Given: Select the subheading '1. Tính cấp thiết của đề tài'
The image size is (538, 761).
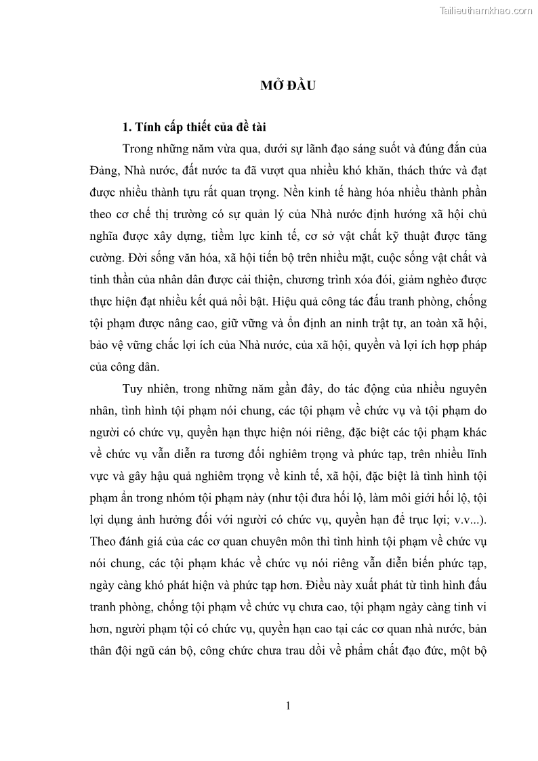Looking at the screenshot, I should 196,127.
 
